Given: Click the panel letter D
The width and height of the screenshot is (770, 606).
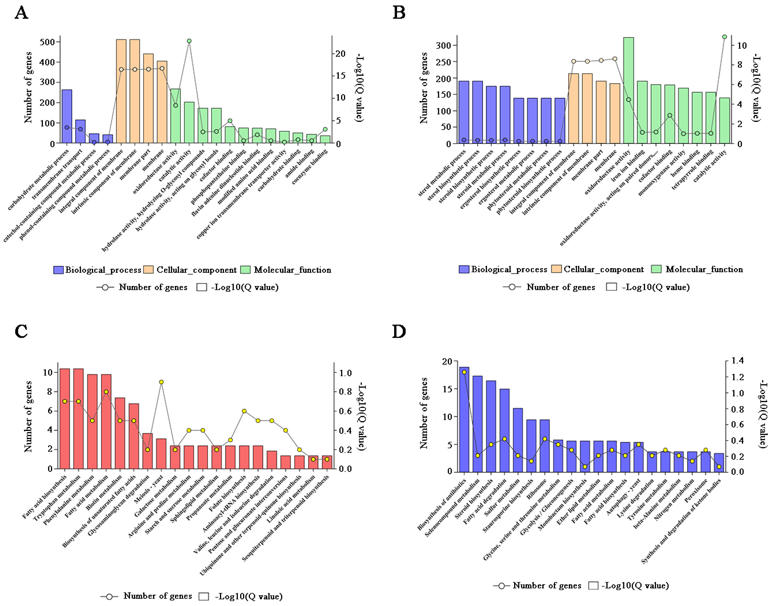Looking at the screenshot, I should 399,332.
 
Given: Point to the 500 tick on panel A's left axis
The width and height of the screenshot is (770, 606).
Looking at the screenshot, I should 47,42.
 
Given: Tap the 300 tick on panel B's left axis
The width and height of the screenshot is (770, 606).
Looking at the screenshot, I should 443,45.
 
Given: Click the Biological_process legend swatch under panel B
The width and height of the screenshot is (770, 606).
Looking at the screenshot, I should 464,269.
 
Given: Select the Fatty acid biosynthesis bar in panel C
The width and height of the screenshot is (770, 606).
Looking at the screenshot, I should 65,419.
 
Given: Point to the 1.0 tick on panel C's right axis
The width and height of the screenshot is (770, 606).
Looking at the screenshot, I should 345,373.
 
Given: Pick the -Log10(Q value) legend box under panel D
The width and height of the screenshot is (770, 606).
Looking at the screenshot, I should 593,585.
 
